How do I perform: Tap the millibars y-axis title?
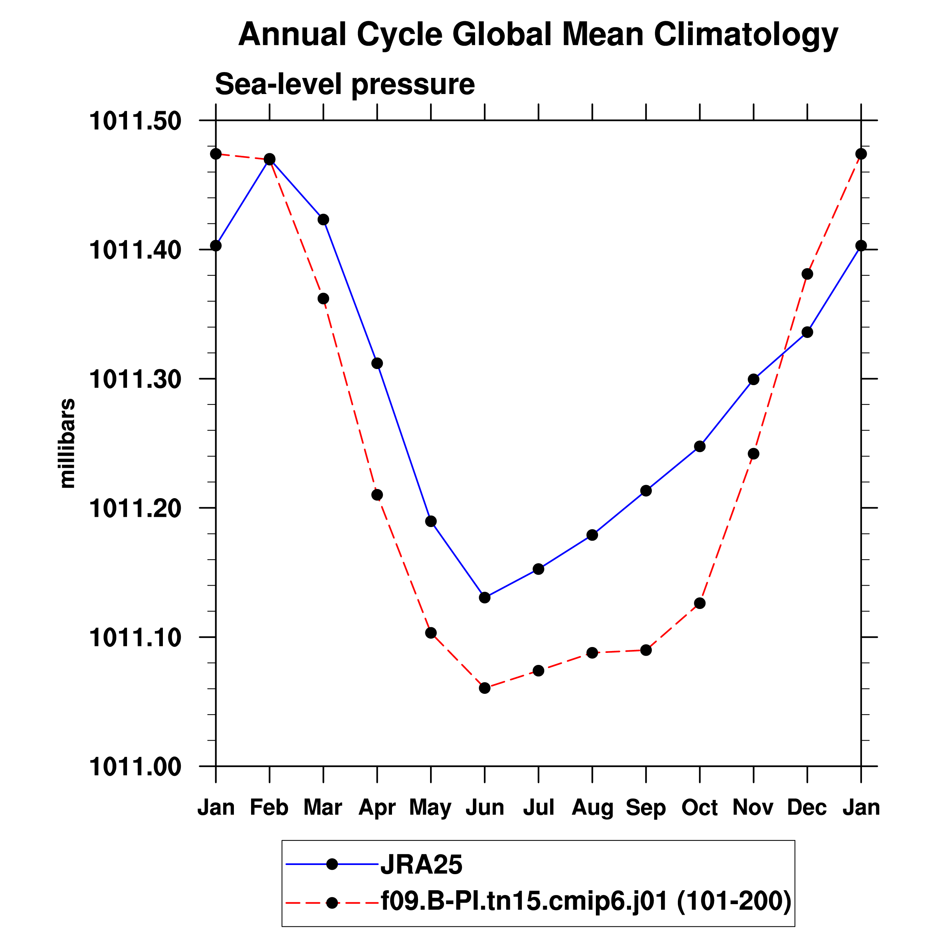coord(67,443)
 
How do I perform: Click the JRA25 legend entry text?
coord(421,865)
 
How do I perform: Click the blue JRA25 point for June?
coord(485,598)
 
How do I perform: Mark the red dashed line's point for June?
coord(485,688)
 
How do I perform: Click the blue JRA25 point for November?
coord(753,379)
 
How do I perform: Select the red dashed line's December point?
coord(807,274)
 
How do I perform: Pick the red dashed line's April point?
coord(377,495)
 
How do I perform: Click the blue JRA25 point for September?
coord(646,491)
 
